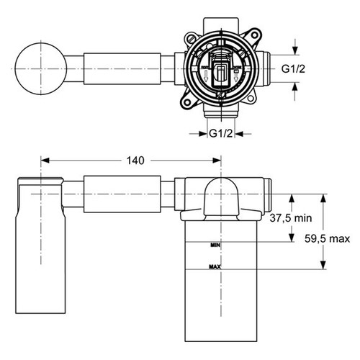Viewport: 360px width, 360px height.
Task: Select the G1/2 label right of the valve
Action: click(294, 69)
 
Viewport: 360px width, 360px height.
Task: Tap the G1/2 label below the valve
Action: click(220, 132)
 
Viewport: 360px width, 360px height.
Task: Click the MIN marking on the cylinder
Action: click(214, 245)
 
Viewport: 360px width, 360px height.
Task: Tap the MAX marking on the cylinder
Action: click(215, 267)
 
